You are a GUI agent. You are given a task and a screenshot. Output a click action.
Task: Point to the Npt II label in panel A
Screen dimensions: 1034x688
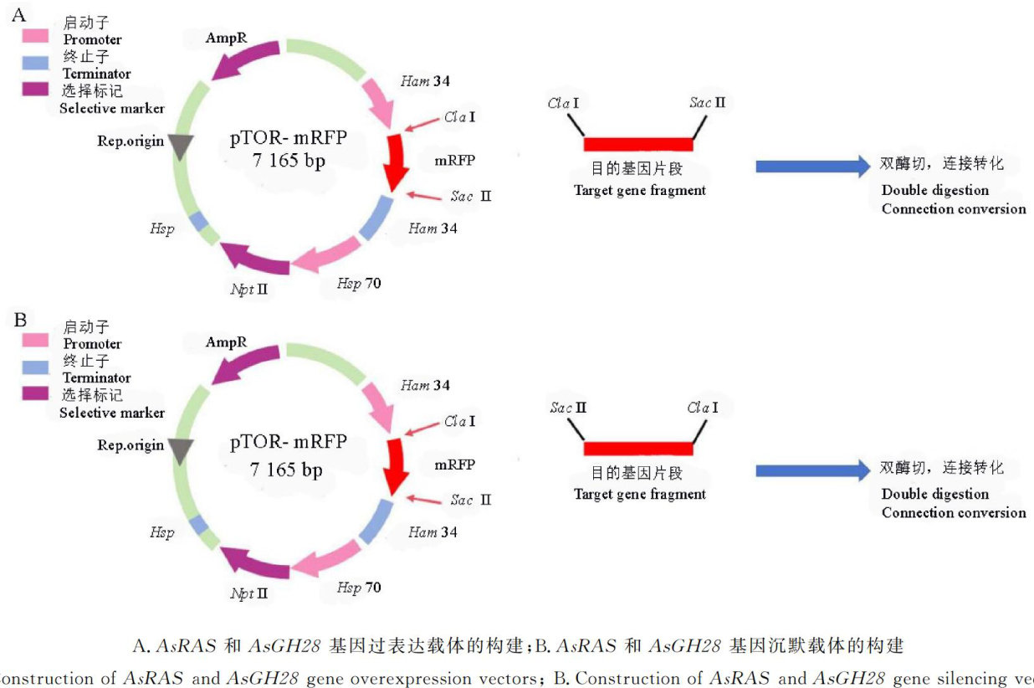tap(249, 290)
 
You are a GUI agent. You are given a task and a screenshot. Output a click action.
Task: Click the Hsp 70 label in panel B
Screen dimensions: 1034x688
tap(359, 588)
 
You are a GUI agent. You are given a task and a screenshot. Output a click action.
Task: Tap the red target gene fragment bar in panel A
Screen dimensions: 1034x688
tap(637, 143)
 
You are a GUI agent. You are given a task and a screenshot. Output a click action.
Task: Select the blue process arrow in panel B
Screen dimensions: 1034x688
tap(812, 470)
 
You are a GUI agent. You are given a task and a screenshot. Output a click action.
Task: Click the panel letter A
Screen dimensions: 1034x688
tap(18, 15)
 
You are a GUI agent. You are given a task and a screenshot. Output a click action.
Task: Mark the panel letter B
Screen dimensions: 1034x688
tap(21, 320)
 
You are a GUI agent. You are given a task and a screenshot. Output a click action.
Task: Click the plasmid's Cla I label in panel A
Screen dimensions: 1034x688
tap(460, 117)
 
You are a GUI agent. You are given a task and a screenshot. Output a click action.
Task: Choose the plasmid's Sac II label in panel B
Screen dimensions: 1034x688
tap(470, 500)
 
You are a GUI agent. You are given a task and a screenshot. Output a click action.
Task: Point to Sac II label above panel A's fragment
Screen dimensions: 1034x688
tap(707, 103)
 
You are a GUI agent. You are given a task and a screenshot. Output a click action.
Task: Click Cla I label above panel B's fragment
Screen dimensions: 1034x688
tap(703, 408)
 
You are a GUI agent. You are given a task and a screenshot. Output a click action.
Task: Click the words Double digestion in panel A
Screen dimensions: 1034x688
tap(934, 190)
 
